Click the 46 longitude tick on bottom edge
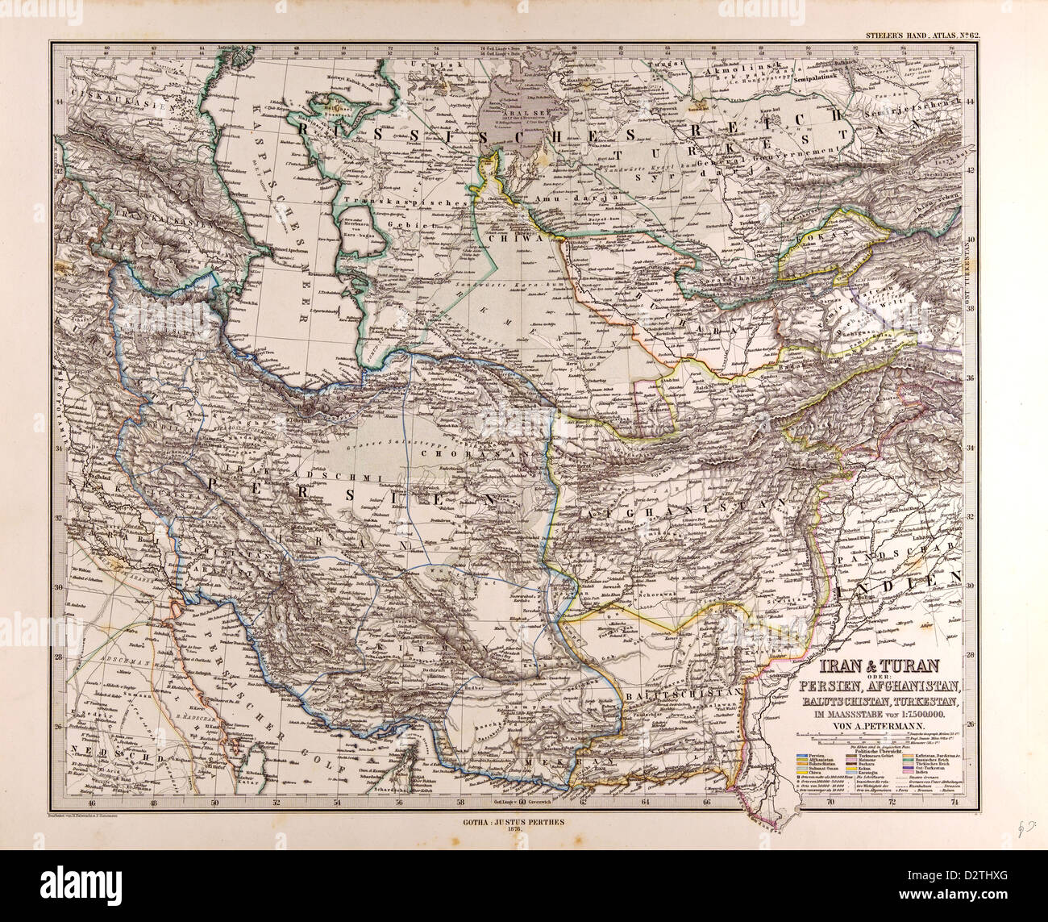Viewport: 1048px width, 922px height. point(91,803)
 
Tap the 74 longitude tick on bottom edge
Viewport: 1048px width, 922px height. point(954,803)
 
